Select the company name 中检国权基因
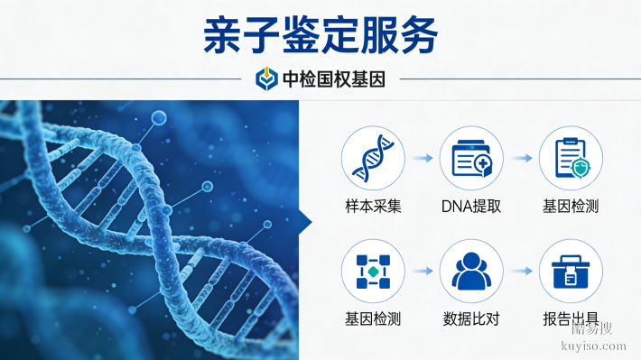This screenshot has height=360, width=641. click(334, 79)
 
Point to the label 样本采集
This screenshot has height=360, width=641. click(373, 206)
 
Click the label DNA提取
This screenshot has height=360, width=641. click(471, 206)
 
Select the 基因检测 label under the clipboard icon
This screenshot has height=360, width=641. click(571, 206)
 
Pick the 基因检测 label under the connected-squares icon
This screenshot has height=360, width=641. click(373, 318)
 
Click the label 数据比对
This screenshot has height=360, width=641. click(471, 318)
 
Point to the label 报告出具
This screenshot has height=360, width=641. click(571, 318)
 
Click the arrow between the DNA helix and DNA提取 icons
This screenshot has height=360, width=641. click(422, 158)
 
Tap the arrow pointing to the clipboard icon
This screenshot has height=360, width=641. click(521, 158)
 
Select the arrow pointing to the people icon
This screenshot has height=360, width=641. click(422, 271)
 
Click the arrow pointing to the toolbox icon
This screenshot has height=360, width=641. click(521, 271)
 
